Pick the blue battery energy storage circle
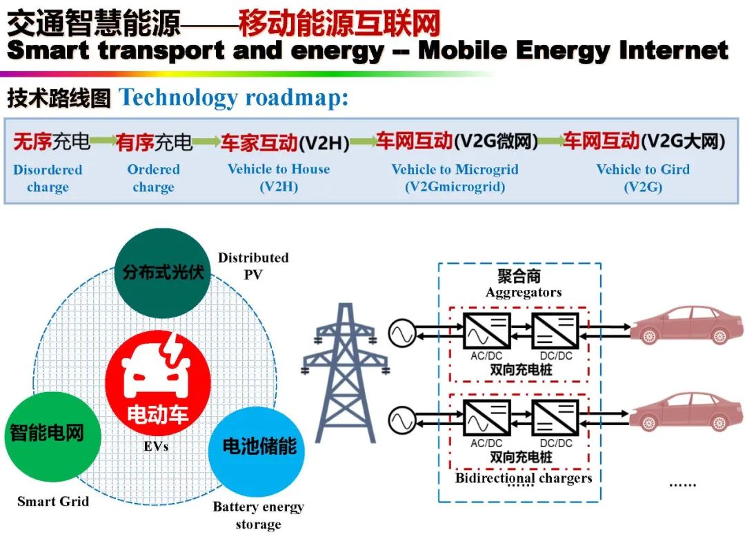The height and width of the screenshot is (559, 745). click(257, 447)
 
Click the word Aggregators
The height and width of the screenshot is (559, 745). click(523, 293)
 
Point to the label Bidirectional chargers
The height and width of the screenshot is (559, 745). click(524, 478)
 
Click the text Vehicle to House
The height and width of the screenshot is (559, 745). click(279, 169)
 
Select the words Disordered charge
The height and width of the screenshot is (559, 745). click(48, 178)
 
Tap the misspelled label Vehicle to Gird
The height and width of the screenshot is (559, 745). click(642, 169)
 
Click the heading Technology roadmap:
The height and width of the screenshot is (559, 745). click(234, 98)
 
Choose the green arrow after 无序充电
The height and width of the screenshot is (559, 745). click(103, 141)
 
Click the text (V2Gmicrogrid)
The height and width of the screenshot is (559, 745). click(455, 187)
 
